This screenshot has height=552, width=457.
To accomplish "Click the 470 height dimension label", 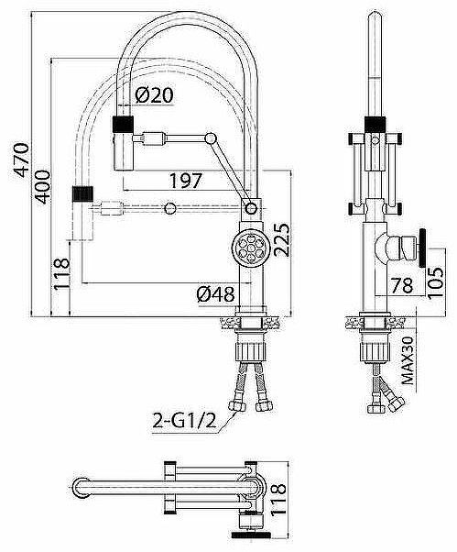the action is pyautogui.click(x=21, y=160).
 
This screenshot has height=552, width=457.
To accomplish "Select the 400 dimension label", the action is pyautogui.click(x=43, y=187).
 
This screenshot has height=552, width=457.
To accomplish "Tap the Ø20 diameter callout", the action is pyautogui.click(x=154, y=95).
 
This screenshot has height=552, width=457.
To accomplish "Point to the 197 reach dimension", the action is pyautogui.click(x=186, y=181).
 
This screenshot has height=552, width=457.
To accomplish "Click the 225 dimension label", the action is pyautogui.click(x=282, y=239).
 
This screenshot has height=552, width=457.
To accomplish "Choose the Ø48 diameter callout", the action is pyautogui.click(x=215, y=294).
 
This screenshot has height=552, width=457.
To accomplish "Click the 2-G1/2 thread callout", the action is pyautogui.click(x=184, y=421).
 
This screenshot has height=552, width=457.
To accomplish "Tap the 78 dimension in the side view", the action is pyautogui.click(x=402, y=285).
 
